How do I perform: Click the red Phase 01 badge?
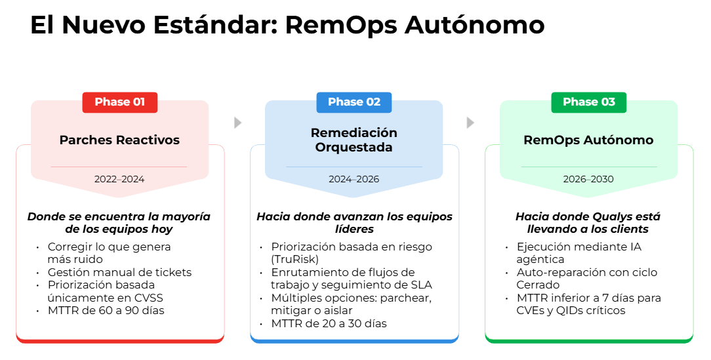120,102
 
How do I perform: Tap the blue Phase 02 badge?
354,102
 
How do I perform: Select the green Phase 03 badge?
588,102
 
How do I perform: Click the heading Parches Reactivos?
120,140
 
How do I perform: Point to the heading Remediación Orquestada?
354,140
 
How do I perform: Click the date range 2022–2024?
119,179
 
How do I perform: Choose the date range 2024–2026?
354,179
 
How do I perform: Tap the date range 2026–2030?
588,179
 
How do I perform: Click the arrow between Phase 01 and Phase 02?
237,123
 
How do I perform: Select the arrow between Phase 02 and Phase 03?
471,123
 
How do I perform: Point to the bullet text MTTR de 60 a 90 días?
106,311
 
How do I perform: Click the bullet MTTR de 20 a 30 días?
329,324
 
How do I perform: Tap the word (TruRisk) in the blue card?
295,260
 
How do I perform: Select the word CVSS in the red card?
149,298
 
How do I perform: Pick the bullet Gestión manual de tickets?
120,273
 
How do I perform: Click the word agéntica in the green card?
540,260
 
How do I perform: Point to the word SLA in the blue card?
421,285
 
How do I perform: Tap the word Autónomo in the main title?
475,24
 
